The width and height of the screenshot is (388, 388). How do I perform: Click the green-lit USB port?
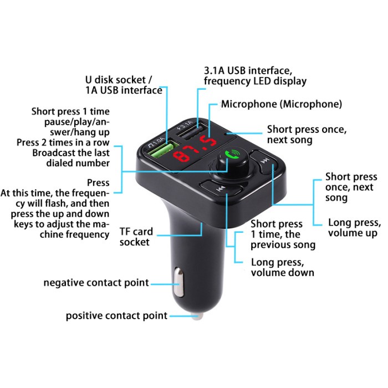pos(160,149)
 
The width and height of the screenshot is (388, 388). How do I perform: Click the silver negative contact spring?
pos(178,282)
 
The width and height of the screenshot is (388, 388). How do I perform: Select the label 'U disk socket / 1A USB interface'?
pos(124,84)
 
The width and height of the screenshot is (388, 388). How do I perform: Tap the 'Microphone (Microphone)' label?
pos(281,104)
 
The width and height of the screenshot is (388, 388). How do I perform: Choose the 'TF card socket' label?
pos(135,237)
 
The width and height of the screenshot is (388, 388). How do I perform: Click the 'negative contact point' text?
pos(96,283)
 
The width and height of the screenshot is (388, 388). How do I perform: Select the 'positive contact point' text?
pos(116,316)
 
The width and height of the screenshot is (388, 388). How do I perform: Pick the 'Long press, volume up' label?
pos(353,228)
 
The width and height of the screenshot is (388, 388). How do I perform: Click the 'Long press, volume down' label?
pos(282,267)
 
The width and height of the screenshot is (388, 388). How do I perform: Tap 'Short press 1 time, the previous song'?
pos(283,234)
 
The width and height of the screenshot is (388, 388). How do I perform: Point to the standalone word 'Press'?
pos(98,182)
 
